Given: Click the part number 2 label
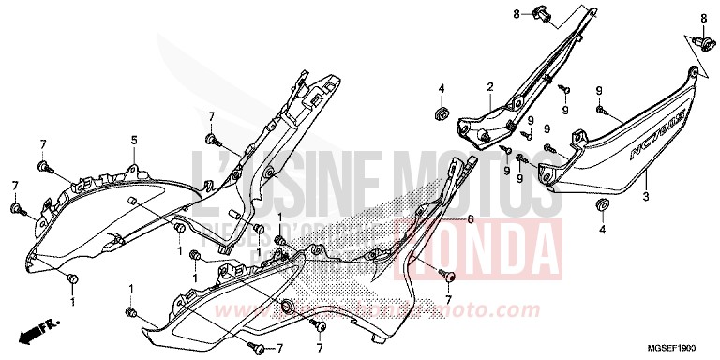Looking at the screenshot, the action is (489, 87).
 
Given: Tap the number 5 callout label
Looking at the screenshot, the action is (133, 141).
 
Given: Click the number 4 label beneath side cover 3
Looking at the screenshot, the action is (603, 228).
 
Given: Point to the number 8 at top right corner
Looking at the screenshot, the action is (703, 19).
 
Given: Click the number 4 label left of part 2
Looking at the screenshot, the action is (440, 88).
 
